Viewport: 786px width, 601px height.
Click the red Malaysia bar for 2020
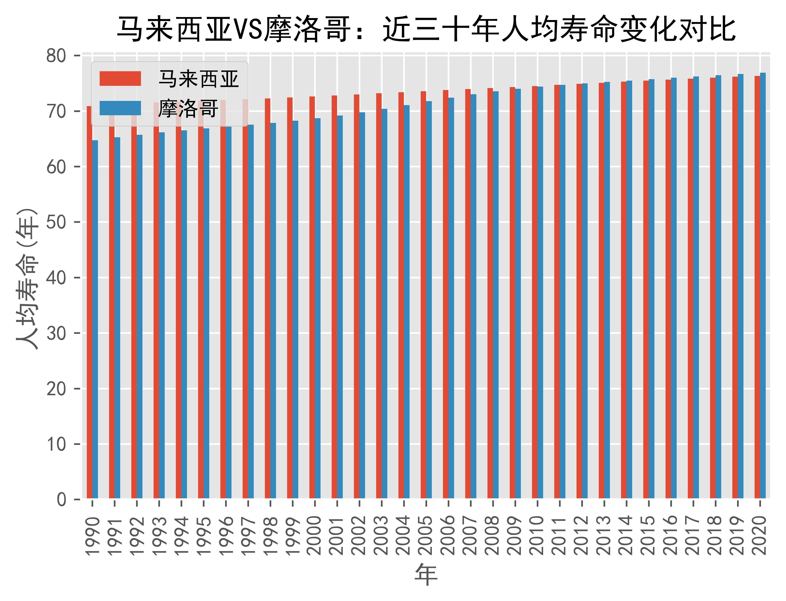point(757,286)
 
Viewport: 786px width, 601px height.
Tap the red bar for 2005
point(423,293)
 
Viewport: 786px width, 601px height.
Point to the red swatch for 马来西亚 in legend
point(120,78)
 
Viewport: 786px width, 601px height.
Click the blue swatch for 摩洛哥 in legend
point(120,108)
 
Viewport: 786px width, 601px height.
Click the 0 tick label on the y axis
point(62,499)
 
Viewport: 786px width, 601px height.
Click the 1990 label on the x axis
point(92,535)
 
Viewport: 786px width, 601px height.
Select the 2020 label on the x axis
point(760,535)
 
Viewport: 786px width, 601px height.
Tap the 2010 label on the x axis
point(537,535)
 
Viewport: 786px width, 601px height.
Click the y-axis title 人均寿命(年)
point(27,278)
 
